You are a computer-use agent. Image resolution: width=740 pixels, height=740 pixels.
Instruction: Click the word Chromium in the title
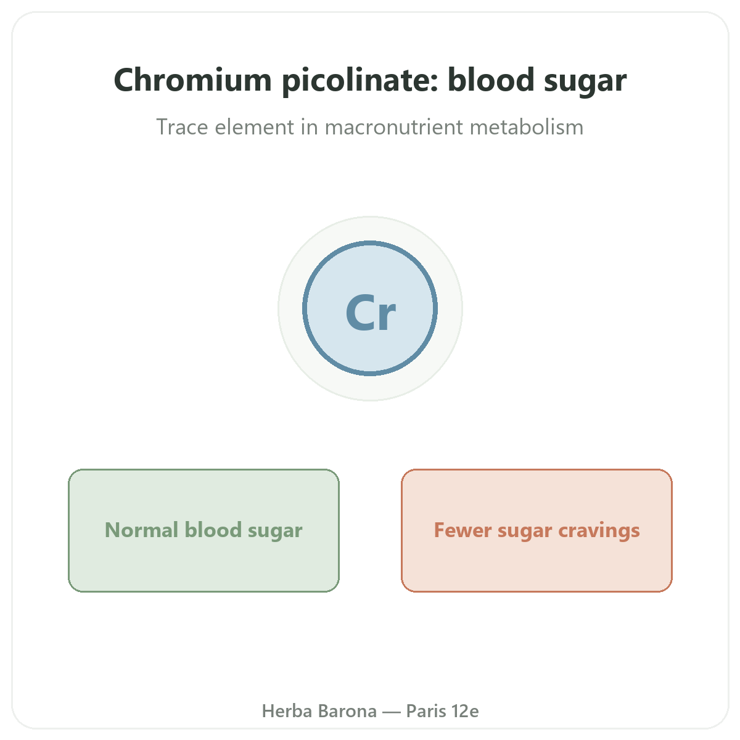point(193,80)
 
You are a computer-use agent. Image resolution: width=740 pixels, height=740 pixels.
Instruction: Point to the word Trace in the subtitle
point(182,127)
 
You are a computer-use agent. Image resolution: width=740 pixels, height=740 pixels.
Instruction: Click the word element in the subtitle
point(254,127)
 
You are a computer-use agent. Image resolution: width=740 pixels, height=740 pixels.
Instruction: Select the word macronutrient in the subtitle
point(393,127)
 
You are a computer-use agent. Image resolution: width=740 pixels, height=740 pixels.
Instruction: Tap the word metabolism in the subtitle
point(527,127)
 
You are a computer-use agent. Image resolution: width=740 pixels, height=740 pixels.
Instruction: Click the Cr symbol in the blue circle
point(371,312)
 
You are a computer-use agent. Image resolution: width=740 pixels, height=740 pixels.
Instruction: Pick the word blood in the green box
point(213,530)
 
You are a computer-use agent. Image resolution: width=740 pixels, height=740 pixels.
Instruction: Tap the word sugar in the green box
point(275,532)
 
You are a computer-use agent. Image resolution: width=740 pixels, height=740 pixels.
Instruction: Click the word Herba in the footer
point(287,711)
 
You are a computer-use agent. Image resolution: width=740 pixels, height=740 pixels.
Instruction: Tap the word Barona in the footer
point(347,711)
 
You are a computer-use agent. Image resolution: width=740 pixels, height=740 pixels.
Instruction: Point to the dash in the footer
point(392,712)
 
